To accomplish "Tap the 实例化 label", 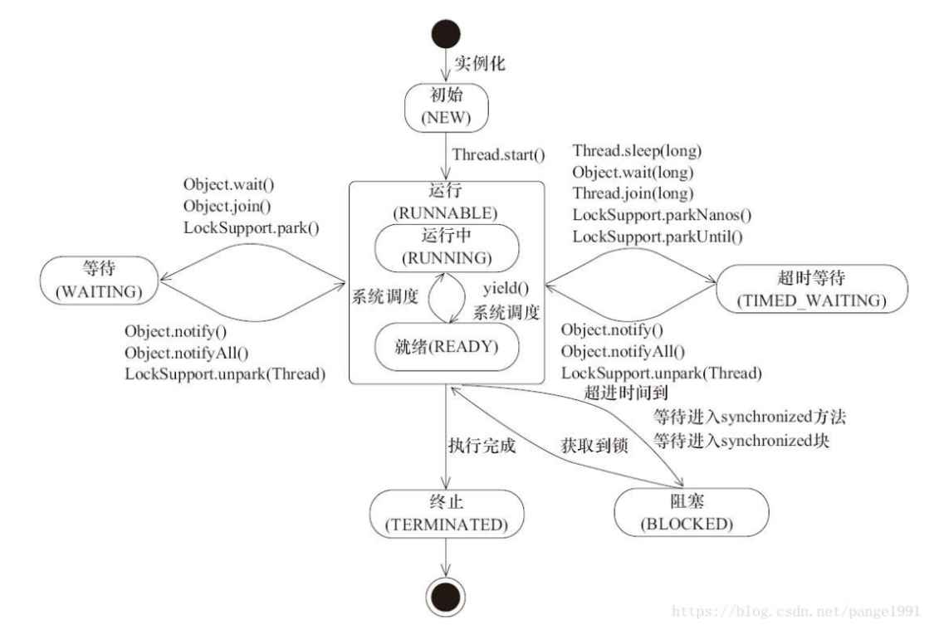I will pyautogui.click(x=479, y=63).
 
